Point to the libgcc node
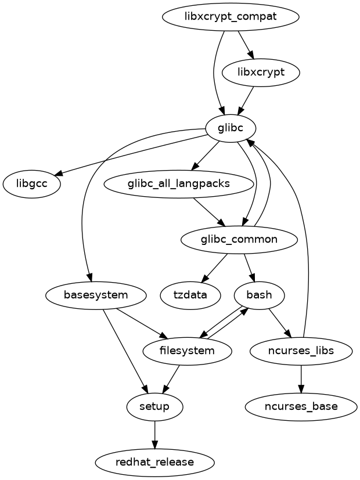(33, 185)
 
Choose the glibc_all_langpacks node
(179, 184)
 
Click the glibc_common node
(239, 240)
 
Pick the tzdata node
(190, 295)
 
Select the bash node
(259, 295)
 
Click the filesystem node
(187, 351)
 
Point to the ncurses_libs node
(301, 351)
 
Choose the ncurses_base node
(301, 406)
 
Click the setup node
(154, 406)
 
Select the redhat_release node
(154, 463)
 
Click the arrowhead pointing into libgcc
(58, 172)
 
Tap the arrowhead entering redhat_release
(154, 445)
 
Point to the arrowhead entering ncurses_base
(301, 389)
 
